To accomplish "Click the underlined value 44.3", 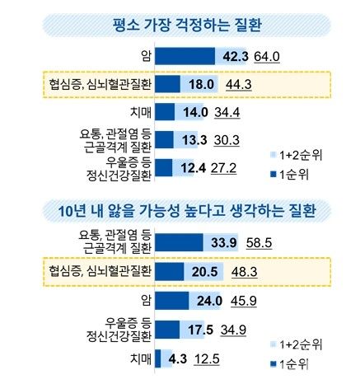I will [236, 84].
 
